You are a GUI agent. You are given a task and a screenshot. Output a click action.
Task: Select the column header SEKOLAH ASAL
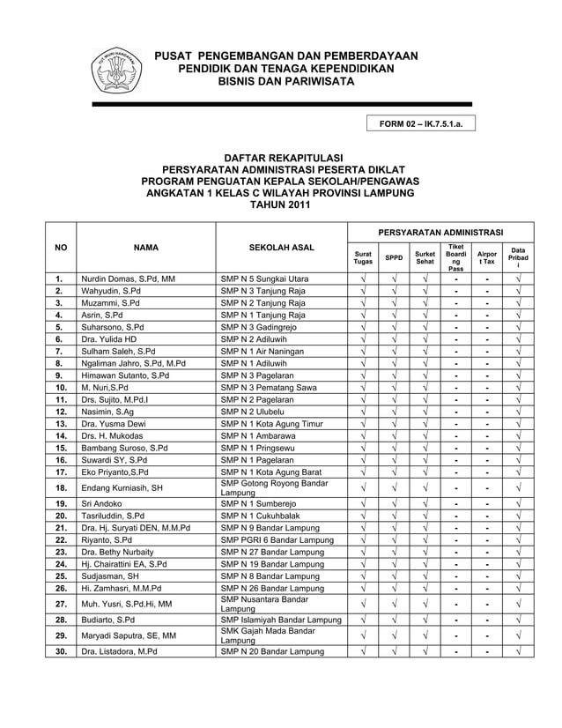point(281,248)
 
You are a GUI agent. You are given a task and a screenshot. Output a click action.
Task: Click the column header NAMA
point(146,248)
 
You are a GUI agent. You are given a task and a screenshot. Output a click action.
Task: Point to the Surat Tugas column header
point(363,257)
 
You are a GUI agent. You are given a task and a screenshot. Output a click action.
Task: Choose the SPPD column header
point(394,257)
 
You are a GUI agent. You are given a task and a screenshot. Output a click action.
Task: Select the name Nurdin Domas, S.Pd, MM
point(128,279)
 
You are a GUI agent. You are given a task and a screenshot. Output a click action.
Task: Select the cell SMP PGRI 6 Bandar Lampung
point(277,539)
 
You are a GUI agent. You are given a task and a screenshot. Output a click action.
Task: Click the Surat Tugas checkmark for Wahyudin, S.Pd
point(363,290)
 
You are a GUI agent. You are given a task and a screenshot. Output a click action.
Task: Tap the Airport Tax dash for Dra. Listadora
point(486,651)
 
